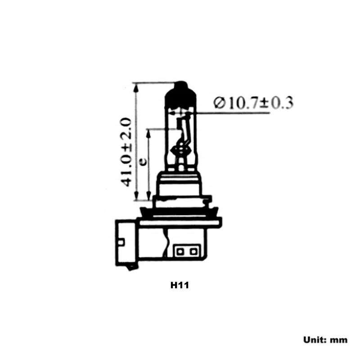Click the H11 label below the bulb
180,285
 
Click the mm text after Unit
339,341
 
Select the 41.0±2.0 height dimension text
126,152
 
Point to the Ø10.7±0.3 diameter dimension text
253,103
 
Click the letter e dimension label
143,162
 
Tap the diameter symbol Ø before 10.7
219,103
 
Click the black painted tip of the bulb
181,95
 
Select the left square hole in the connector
180,252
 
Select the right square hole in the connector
193,252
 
